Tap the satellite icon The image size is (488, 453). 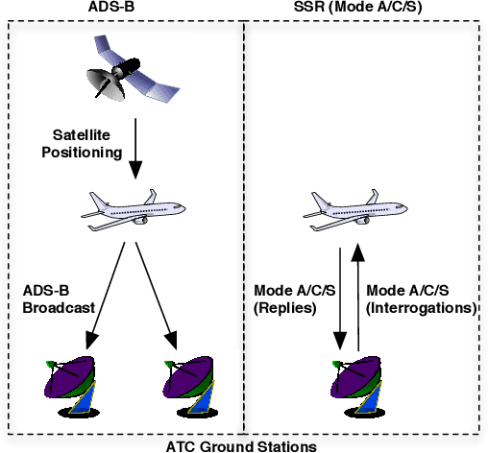click(131, 73)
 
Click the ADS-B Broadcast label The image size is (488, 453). click(58, 300)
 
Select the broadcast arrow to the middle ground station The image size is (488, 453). click(156, 288)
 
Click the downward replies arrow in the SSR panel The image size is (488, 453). click(340, 298)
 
